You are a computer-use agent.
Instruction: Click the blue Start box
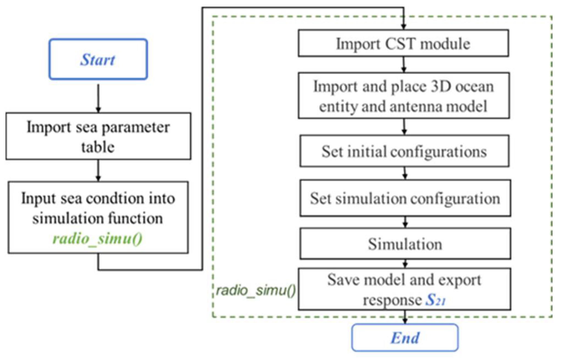(x=98, y=59)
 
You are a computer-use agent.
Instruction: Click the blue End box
(x=405, y=337)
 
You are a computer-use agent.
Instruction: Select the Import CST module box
(x=403, y=43)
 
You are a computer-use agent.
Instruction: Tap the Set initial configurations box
(x=404, y=151)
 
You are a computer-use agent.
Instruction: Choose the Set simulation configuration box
(x=405, y=198)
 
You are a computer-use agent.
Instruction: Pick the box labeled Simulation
(x=405, y=244)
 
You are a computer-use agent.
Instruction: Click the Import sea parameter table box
(x=98, y=136)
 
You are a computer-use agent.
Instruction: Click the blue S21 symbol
(x=435, y=300)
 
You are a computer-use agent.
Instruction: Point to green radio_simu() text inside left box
(x=97, y=239)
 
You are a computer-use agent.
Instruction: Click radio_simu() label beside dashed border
(x=256, y=290)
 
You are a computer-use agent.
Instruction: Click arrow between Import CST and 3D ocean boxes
(x=403, y=65)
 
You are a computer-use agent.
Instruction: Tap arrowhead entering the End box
(x=405, y=321)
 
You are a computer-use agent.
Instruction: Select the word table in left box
(x=98, y=147)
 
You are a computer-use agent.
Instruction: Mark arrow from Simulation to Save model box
(x=405, y=264)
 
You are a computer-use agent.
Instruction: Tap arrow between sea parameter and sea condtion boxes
(x=98, y=171)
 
